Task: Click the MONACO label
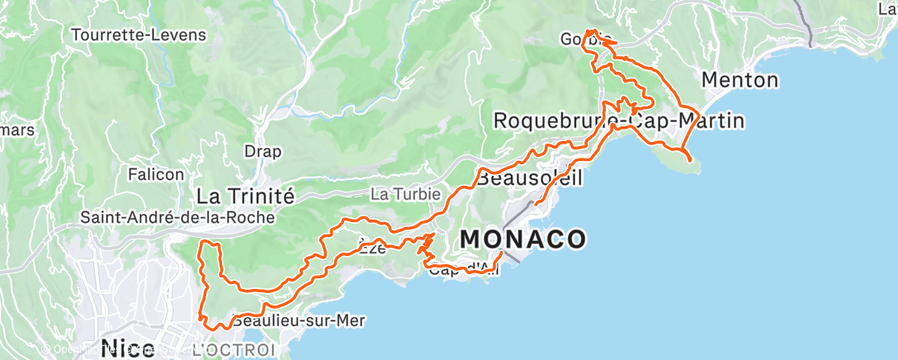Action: coord(523,239)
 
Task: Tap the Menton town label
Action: coord(740,80)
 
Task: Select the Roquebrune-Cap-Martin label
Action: coord(618,121)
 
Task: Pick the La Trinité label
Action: coord(245,196)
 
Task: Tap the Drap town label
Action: coord(262,152)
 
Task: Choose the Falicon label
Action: coord(155,174)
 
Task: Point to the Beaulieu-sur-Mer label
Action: coord(299,320)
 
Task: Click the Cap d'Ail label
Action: coord(462,269)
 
